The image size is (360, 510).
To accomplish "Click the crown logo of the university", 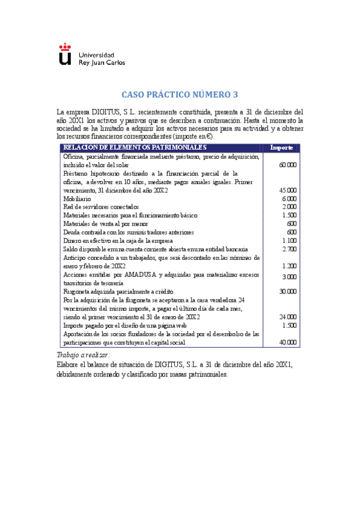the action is click(x=65, y=54).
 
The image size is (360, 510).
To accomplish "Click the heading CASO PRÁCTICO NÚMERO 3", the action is click(x=180, y=94).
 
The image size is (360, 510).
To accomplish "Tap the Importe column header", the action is click(x=281, y=148).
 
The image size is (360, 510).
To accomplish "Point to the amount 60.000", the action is click(x=288, y=165).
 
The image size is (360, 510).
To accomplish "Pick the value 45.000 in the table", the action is click(x=288, y=190).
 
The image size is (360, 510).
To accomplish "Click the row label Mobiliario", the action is click(x=78, y=198).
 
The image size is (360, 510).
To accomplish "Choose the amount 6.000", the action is click(x=290, y=198).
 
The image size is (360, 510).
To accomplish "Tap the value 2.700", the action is click(x=290, y=249).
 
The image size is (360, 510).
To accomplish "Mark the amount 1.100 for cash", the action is click(x=290, y=241).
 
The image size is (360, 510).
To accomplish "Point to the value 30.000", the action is click(x=288, y=291).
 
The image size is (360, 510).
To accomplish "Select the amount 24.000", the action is click(x=288, y=316).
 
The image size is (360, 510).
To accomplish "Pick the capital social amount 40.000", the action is click(x=288, y=342).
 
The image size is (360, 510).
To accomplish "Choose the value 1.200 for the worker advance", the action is click(x=290, y=266).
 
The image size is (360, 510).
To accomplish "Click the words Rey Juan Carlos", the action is click(x=100, y=62).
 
